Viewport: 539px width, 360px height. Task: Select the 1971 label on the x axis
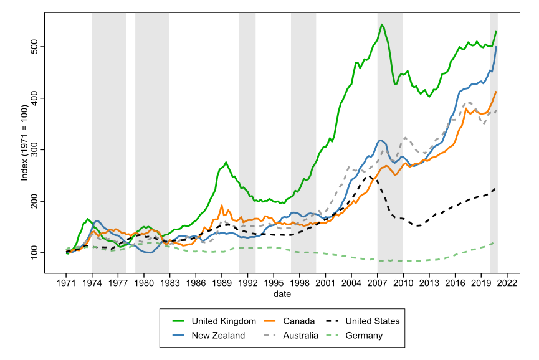tap(66, 282)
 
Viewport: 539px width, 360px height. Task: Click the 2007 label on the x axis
tap(377, 282)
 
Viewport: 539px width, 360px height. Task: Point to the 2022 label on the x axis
tap(507, 282)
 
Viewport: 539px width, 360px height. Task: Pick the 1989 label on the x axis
tap(222, 282)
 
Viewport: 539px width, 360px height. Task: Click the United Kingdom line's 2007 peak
tap(381, 25)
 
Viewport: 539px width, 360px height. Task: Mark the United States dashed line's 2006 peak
tap(369, 175)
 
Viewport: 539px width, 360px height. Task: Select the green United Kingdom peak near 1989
tap(226, 163)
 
